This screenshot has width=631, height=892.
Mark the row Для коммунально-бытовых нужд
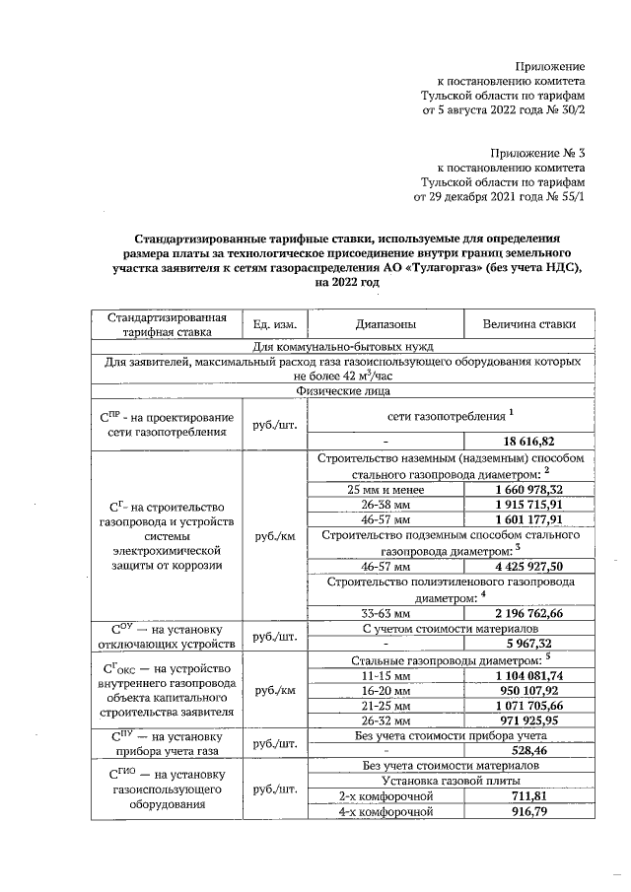340,346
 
